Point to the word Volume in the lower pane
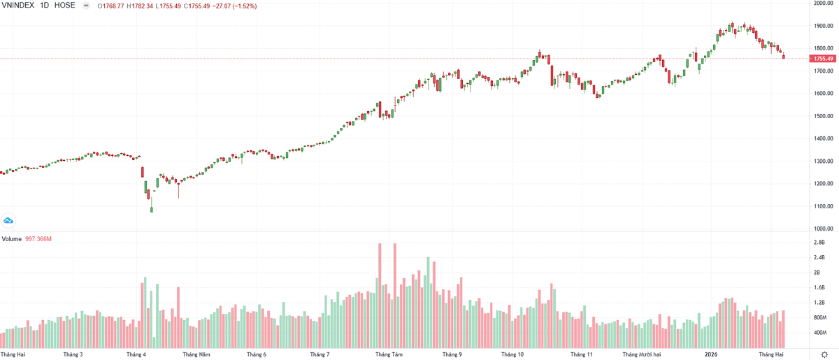coord(11,239)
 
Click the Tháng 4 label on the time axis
coord(136,354)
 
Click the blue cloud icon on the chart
coord(8,221)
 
